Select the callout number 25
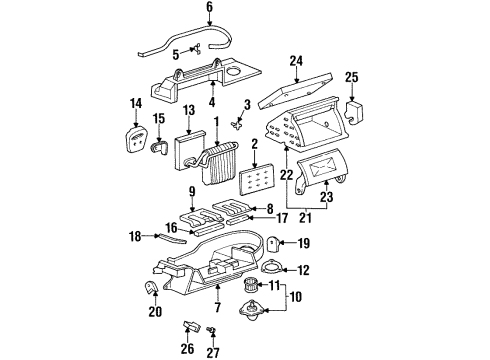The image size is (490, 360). [x=351, y=77]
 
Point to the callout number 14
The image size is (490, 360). [x=137, y=103]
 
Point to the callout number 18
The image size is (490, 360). [x=135, y=235]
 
